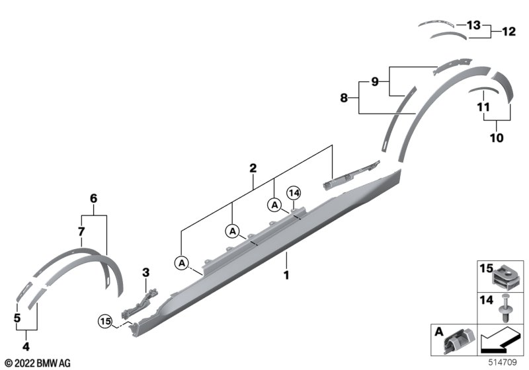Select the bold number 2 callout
[x=253, y=169]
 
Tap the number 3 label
[x=146, y=272]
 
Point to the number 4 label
[x=26, y=346]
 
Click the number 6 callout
[x=93, y=198]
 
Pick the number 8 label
[x=343, y=98]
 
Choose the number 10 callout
[x=496, y=138]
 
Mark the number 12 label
[x=508, y=31]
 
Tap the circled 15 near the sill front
[x=104, y=322]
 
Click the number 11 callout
[x=483, y=106]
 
